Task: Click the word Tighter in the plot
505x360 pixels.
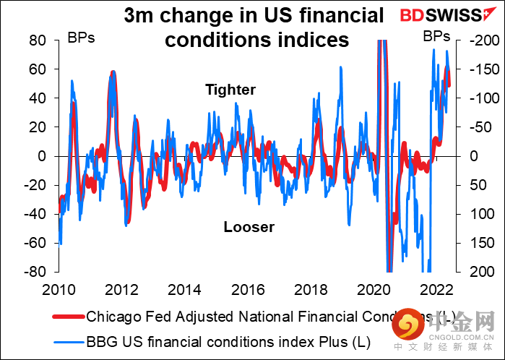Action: click(230, 90)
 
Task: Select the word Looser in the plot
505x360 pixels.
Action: click(249, 227)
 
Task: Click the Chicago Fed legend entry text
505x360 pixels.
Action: click(253, 316)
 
